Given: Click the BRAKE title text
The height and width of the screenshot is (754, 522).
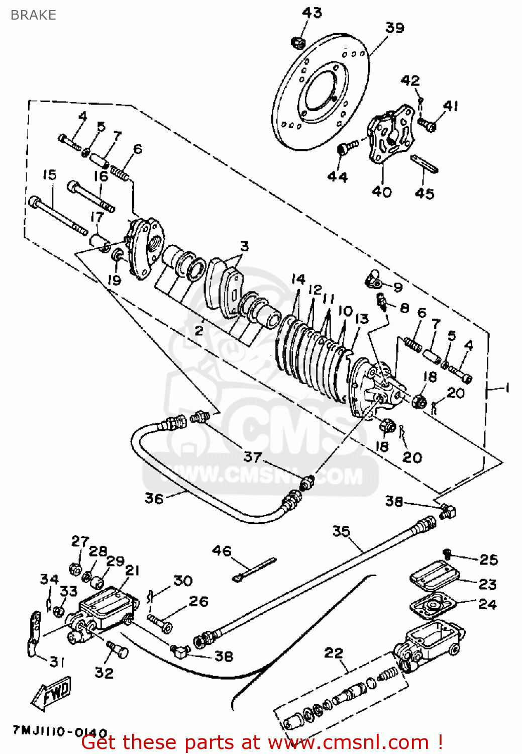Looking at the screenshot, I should point(33,15).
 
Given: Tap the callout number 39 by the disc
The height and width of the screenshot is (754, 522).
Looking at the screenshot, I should point(395,28).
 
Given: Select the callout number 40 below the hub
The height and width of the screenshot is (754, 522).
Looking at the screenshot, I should point(381,192).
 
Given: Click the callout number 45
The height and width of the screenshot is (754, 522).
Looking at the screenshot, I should point(425,194).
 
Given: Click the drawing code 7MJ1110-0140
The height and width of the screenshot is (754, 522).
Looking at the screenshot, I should point(60,731).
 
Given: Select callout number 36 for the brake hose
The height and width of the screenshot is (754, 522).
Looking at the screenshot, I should point(154,498).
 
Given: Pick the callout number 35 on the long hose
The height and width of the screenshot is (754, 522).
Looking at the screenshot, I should point(341,531).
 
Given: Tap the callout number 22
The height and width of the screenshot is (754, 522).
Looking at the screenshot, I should point(334,653).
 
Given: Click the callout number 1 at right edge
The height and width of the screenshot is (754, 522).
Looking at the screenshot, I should point(507,388).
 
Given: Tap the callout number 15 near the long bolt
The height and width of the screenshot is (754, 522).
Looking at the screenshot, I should point(49,175).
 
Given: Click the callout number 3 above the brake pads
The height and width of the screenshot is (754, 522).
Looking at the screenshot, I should point(244,246).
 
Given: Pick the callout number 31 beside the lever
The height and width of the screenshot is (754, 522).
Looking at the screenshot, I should point(57,662).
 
